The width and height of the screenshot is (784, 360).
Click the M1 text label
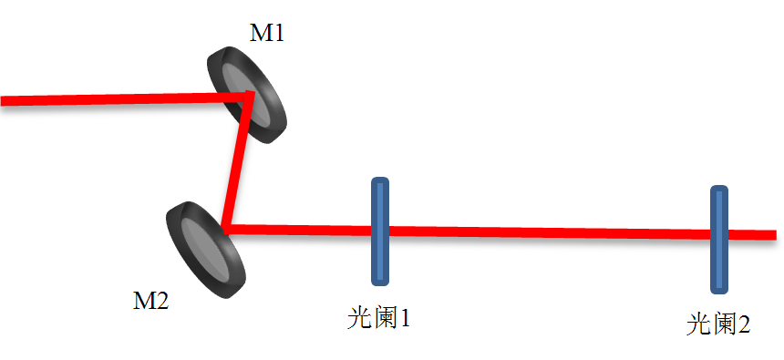tap(267, 34)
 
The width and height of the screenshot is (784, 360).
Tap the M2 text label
tap(151, 301)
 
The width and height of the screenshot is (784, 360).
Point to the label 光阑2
tap(718, 324)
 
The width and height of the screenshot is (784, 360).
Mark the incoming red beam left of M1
tap(109, 98)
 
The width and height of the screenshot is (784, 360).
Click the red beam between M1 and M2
tap(237, 159)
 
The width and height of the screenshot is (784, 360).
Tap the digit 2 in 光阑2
tap(743, 324)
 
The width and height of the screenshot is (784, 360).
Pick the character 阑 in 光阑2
tap(720, 324)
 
